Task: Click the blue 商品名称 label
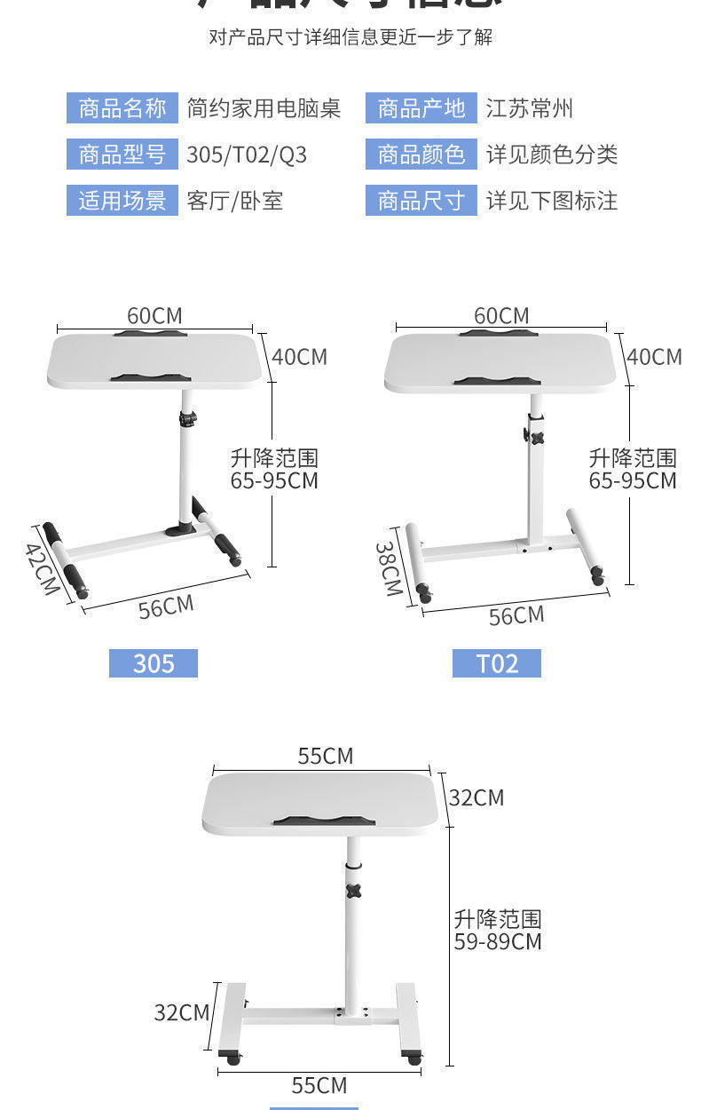122,108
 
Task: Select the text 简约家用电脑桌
264,108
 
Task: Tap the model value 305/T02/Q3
247,155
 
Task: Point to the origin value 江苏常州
529,108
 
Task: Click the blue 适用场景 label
122,201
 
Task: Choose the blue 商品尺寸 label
421,201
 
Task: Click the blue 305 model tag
154,663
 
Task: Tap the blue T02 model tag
497,663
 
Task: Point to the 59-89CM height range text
498,941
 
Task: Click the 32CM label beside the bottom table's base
181,1011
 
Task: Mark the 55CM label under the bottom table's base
319,1084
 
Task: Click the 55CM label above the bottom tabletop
325,756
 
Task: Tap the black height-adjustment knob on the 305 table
187,417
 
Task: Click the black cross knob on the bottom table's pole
353,891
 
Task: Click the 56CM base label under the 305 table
166,607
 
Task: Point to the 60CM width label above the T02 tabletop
501,315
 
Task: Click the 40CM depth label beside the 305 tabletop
299,356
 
